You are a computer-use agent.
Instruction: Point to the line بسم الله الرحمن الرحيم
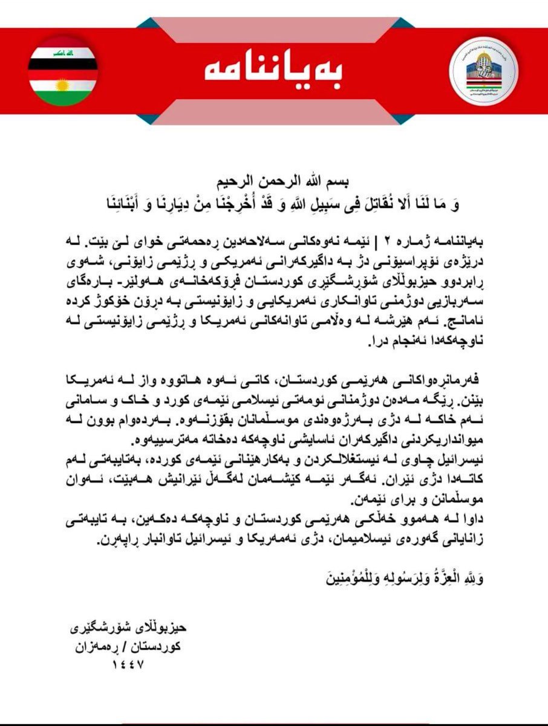pos(274,182)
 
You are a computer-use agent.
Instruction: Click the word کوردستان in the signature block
pos(156,646)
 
